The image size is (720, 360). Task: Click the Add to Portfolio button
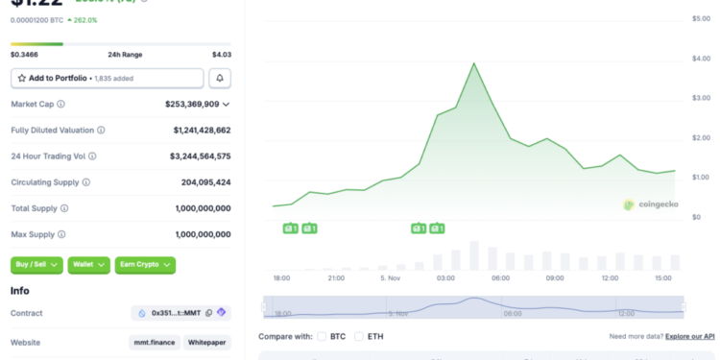(x=107, y=78)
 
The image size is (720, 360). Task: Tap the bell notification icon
(x=220, y=78)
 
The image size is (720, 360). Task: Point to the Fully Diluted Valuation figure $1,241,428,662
(x=202, y=130)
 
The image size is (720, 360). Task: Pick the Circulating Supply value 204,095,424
(x=205, y=181)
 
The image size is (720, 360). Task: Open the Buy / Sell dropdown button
(x=37, y=264)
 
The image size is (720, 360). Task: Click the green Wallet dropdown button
(x=88, y=264)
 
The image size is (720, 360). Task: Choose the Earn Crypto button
(x=145, y=264)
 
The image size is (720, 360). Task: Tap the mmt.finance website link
(x=155, y=342)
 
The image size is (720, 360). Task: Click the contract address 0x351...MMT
(x=180, y=313)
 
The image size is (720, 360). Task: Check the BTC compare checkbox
(x=322, y=336)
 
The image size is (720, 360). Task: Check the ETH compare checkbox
(x=358, y=336)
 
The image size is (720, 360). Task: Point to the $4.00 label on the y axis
(x=701, y=59)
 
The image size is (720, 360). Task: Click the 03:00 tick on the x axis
(x=445, y=277)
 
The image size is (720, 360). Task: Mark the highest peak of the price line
(x=474, y=63)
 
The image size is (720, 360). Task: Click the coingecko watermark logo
(x=652, y=204)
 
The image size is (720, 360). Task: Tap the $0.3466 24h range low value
(x=26, y=54)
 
